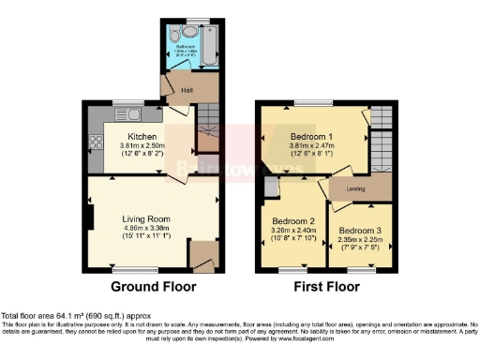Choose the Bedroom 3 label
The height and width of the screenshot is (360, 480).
point(361,230)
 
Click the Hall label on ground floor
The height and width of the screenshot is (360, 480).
point(173,90)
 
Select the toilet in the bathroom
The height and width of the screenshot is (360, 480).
point(185,29)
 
